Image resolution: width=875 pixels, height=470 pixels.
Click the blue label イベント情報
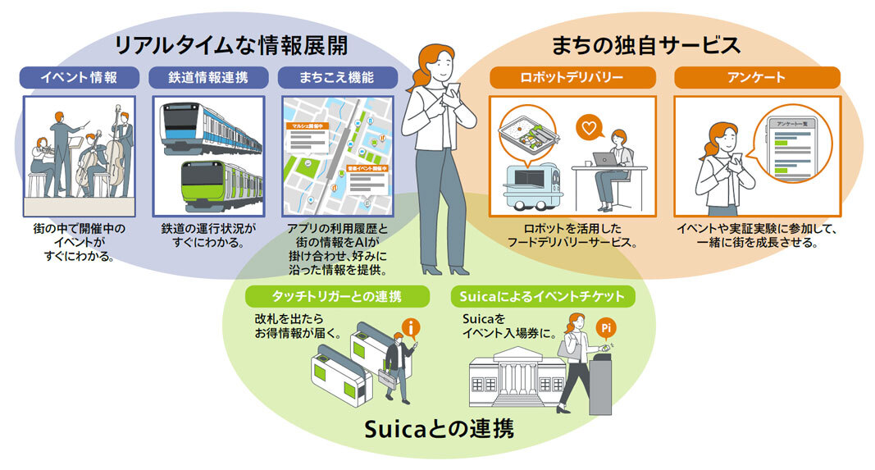click(x=80, y=78)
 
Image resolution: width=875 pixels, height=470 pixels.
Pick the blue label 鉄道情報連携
click(x=210, y=78)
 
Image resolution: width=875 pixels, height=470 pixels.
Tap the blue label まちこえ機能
click(x=337, y=78)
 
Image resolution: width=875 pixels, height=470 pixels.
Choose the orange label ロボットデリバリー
click(x=572, y=78)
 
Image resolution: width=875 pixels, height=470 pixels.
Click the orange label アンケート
click(x=756, y=78)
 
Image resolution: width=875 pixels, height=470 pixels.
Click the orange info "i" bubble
click(x=411, y=329)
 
